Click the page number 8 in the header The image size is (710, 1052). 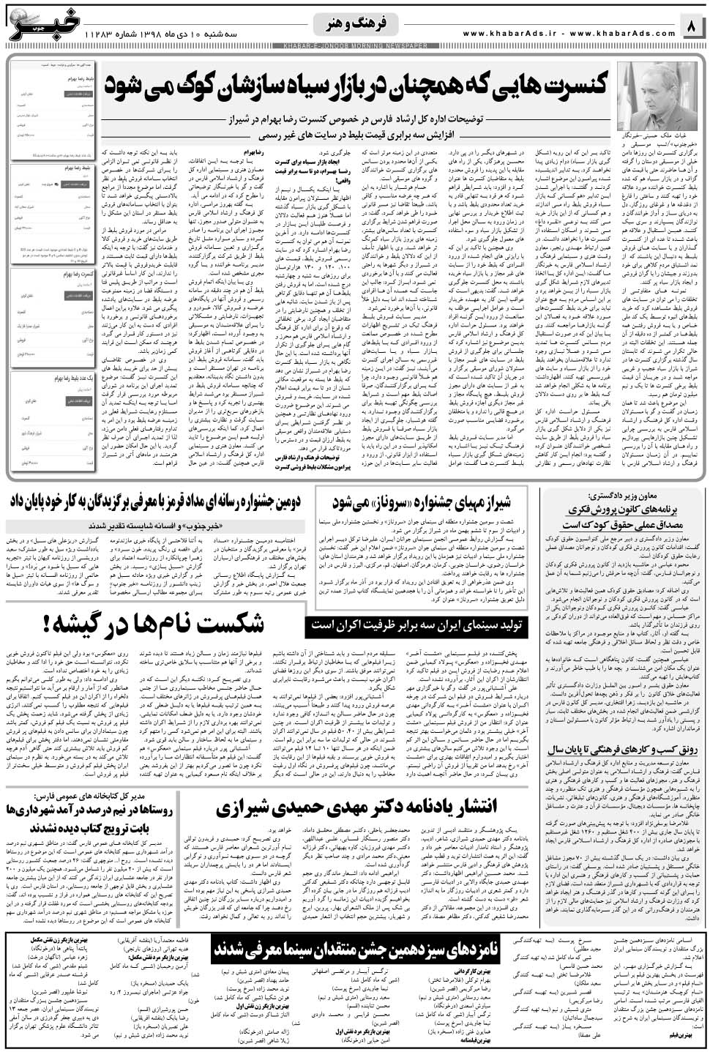click(x=692, y=28)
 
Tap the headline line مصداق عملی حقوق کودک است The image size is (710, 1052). click(x=622, y=524)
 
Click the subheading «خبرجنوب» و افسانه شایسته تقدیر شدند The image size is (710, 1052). click(x=148, y=526)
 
